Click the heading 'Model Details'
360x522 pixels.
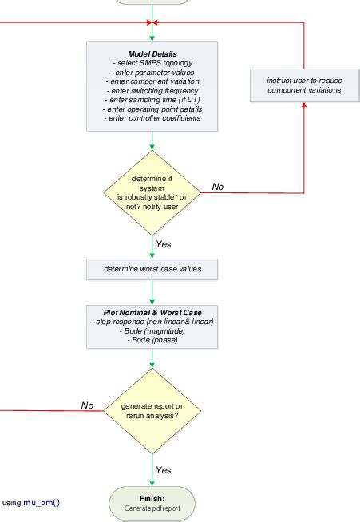[152, 53]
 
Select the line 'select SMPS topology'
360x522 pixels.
[152, 63]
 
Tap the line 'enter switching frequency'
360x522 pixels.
[152, 90]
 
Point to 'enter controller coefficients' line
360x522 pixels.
[152, 118]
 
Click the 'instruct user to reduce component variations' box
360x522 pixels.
[304, 85]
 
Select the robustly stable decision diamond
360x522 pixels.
[152, 192]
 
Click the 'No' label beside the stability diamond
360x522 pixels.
[218, 187]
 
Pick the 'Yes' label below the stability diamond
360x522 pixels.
[164, 244]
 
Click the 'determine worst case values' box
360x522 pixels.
[152, 270]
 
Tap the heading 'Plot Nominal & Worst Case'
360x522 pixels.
[152, 311]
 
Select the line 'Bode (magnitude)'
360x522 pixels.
[152, 330]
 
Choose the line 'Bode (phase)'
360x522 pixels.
[152, 339]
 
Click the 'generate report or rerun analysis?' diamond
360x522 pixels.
[152, 411]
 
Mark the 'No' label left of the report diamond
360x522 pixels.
[88, 405]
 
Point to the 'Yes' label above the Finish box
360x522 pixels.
[164, 470]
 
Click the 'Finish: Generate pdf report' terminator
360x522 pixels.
[152, 504]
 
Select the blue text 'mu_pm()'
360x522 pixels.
[42, 503]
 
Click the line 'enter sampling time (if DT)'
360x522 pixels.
[152, 100]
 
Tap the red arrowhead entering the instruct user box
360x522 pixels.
[304, 106]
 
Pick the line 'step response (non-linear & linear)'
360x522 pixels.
[152, 321]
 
